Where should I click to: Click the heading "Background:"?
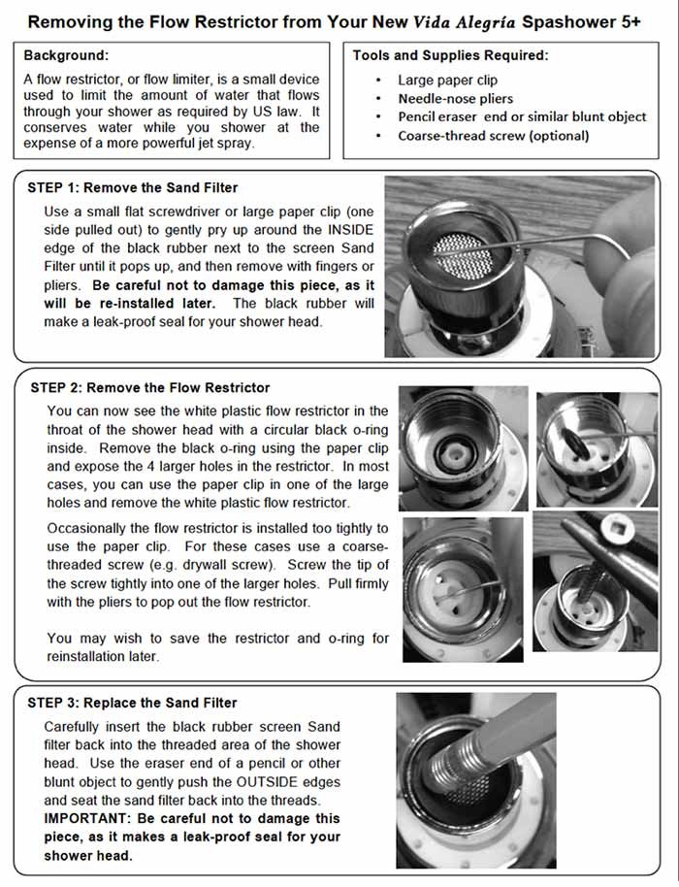(66, 56)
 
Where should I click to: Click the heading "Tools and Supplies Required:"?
(450, 56)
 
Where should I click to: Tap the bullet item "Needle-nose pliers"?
(456, 99)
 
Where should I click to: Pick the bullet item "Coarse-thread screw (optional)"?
(493, 136)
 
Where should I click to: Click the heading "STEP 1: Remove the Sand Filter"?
(133, 188)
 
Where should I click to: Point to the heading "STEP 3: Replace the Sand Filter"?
(134, 703)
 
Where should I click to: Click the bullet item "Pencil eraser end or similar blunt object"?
(522, 117)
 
